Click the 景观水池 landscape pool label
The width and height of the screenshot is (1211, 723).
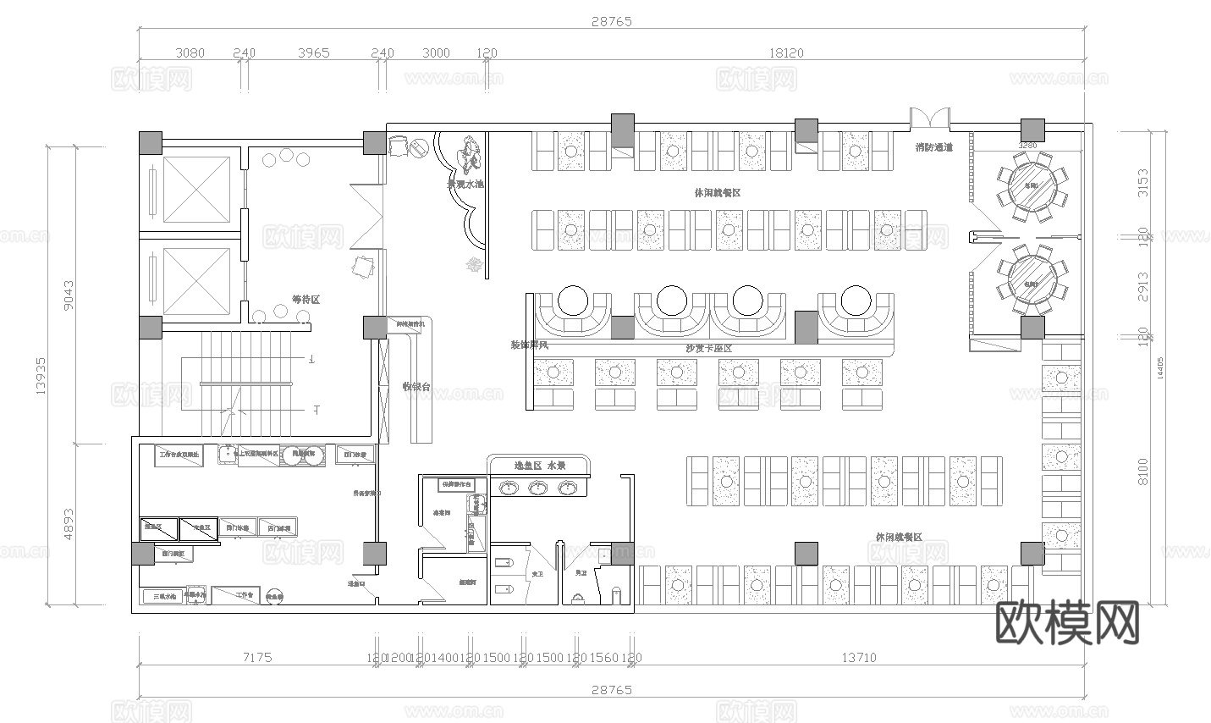(465, 184)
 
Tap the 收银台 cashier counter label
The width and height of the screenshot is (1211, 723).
(416, 387)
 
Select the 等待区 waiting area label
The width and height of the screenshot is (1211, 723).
(306, 300)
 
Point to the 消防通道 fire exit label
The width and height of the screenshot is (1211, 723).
(933, 147)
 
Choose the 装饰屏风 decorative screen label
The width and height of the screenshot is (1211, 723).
(530, 345)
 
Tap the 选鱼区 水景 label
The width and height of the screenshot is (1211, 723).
(540, 466)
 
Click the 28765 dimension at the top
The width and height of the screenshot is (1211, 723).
(611, 21)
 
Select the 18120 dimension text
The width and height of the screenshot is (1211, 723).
(785, 52)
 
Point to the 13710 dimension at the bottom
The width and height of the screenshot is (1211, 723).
(858, 657)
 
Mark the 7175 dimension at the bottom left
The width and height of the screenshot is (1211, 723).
(256, 657)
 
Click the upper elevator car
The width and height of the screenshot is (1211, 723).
(196, 190)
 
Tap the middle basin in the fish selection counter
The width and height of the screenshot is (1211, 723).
(538, 488)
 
